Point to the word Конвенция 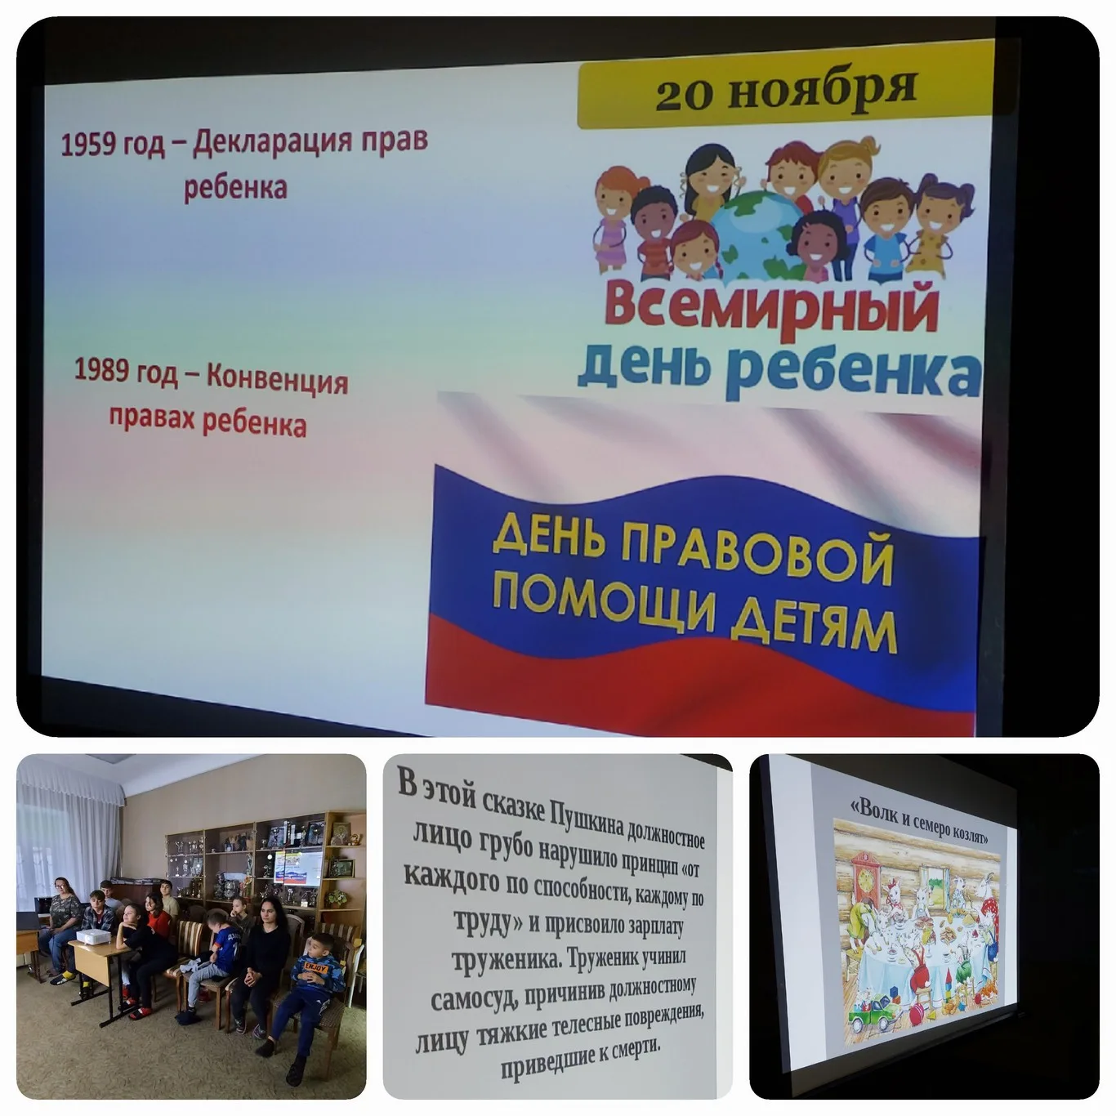click(x=278, y=380)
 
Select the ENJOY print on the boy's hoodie click(x=315, y=966)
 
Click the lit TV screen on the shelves click(x=296, y=868)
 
